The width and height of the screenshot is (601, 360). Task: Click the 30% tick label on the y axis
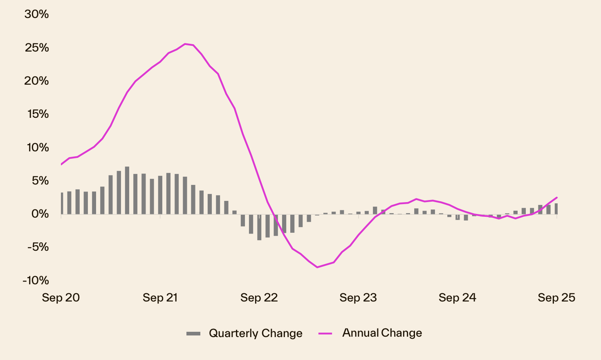point(36,14)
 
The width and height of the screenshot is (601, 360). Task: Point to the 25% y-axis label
point(36,48)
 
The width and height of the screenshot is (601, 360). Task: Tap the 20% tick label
point(36,81)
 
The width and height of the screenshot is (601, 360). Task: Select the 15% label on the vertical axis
point(38,114)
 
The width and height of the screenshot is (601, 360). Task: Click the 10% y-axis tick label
point(38,147)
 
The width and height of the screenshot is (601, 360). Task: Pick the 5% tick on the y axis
point(40,181)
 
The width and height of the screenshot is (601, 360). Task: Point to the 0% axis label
point(40,214)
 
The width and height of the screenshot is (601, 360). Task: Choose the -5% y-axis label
point(38,247)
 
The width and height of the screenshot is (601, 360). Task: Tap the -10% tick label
point(36,280)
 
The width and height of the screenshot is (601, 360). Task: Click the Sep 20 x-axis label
point(61,298)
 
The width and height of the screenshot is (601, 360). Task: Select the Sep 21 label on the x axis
point(160,298)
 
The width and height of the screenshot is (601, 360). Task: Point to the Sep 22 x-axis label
point(259,298)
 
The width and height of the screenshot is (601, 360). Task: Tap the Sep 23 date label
point(358,298)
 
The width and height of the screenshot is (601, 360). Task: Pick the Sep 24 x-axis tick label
point(457,298)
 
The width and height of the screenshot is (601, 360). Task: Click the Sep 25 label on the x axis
point(556,298)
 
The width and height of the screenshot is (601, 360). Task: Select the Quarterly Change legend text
point(256,333)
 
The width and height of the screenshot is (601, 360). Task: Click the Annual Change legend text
point(382,333)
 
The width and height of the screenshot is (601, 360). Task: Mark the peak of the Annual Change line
point(185,44)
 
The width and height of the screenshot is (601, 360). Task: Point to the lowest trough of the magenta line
point(317,267)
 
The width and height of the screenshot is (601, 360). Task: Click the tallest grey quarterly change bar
point(127,190)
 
